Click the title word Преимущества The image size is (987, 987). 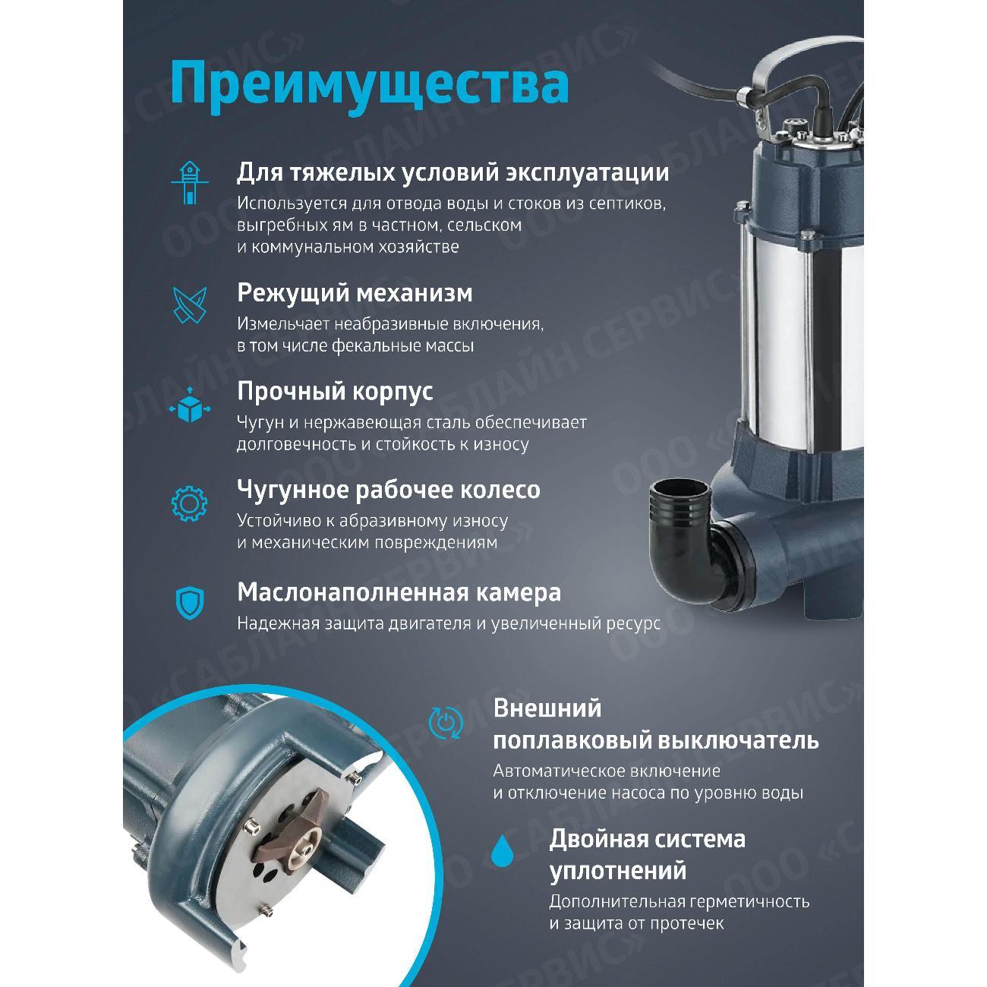click(x=369, y=83)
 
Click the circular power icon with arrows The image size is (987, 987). click(x=445, y=722)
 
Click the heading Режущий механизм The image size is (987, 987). click(x=355, y=292)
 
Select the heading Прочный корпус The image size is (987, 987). click(x=335, y=391)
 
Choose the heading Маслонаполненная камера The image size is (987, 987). click(x=399, y=592)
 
